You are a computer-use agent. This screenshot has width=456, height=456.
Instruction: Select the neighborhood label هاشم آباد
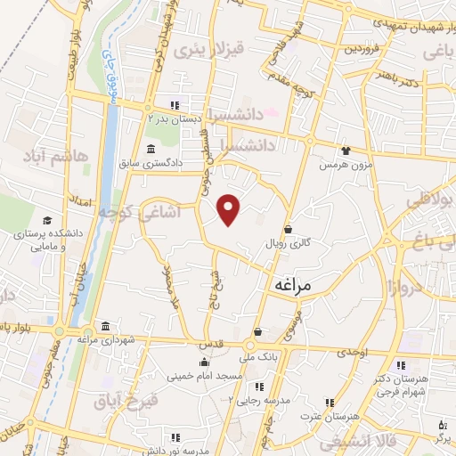60,156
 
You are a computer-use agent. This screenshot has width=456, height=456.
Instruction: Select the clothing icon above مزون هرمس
346,152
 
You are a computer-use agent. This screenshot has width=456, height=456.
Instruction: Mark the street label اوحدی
353,353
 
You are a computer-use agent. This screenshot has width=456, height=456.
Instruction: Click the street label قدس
211,345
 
